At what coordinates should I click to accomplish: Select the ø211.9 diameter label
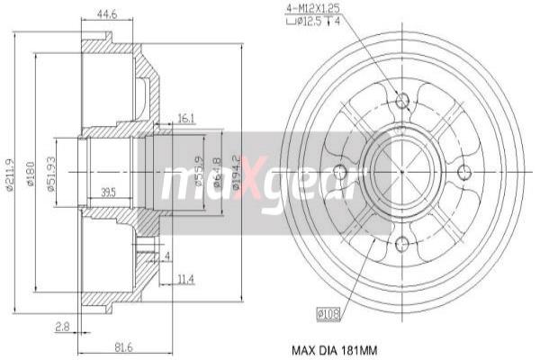tap(11, 175)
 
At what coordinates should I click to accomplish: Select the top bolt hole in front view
tap(402, 99)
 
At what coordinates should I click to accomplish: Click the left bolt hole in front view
tap(340, 172)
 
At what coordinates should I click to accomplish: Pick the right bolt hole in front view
tap(464, 172)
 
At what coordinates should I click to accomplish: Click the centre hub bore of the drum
tap(402, 172)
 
